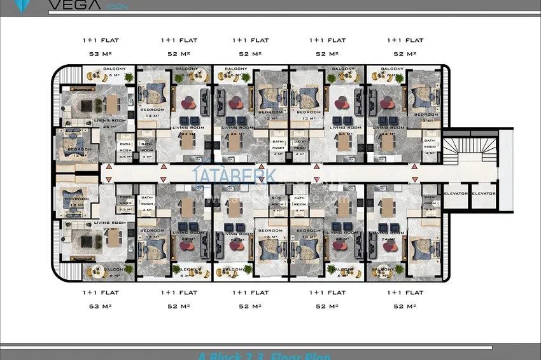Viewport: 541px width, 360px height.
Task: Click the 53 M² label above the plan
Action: tap(101, 54)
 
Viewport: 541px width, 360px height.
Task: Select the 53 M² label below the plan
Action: tap(101, 307)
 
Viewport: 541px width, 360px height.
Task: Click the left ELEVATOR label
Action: tap(456, 193)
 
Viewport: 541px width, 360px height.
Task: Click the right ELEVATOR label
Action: tap(484, 193)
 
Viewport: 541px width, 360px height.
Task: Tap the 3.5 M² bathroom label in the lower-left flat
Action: tap(125, 209)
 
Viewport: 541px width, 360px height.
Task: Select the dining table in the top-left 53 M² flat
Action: tap(114, 104)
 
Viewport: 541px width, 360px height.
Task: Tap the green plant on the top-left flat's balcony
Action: tap(129, 78)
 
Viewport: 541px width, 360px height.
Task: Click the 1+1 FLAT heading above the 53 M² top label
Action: tap(101, 40)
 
